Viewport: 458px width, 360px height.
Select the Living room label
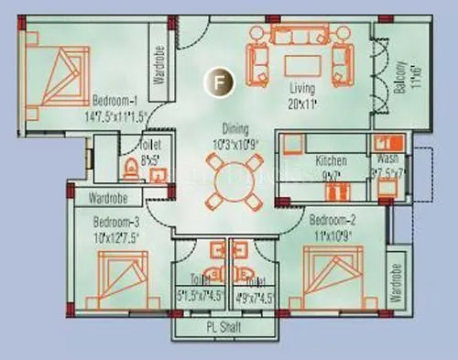[x=303, y=89]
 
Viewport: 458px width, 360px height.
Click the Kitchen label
[x=331, y=160]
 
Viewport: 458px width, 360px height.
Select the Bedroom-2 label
[x=331, y=220]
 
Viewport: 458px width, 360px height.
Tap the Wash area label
[x=382, y=158]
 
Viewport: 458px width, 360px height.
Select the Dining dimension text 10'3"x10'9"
[x=225, y=142]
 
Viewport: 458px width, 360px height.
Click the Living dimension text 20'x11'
[x=303, y=102]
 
